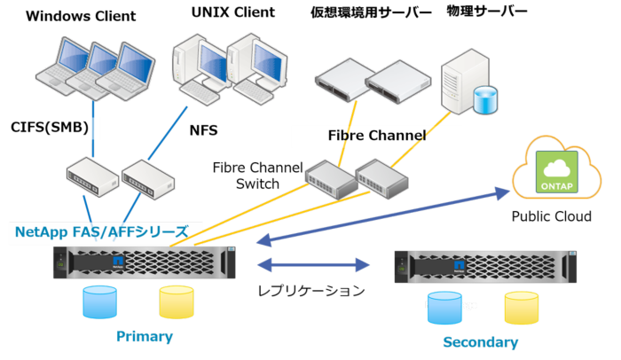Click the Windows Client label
click(x=81, y=16)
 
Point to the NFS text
click(x=203, y=130)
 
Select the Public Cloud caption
click(x=551, y=215)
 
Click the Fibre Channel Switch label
click(x=258, y=175)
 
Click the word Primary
click(x=145, y=337)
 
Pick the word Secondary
click(x=480, y=341)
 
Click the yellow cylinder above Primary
click(x=177, y=301)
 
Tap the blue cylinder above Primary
click(x=99, y=301)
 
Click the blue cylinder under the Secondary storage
click(x=444, y=308)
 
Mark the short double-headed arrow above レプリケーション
click(x=312, y=264)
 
